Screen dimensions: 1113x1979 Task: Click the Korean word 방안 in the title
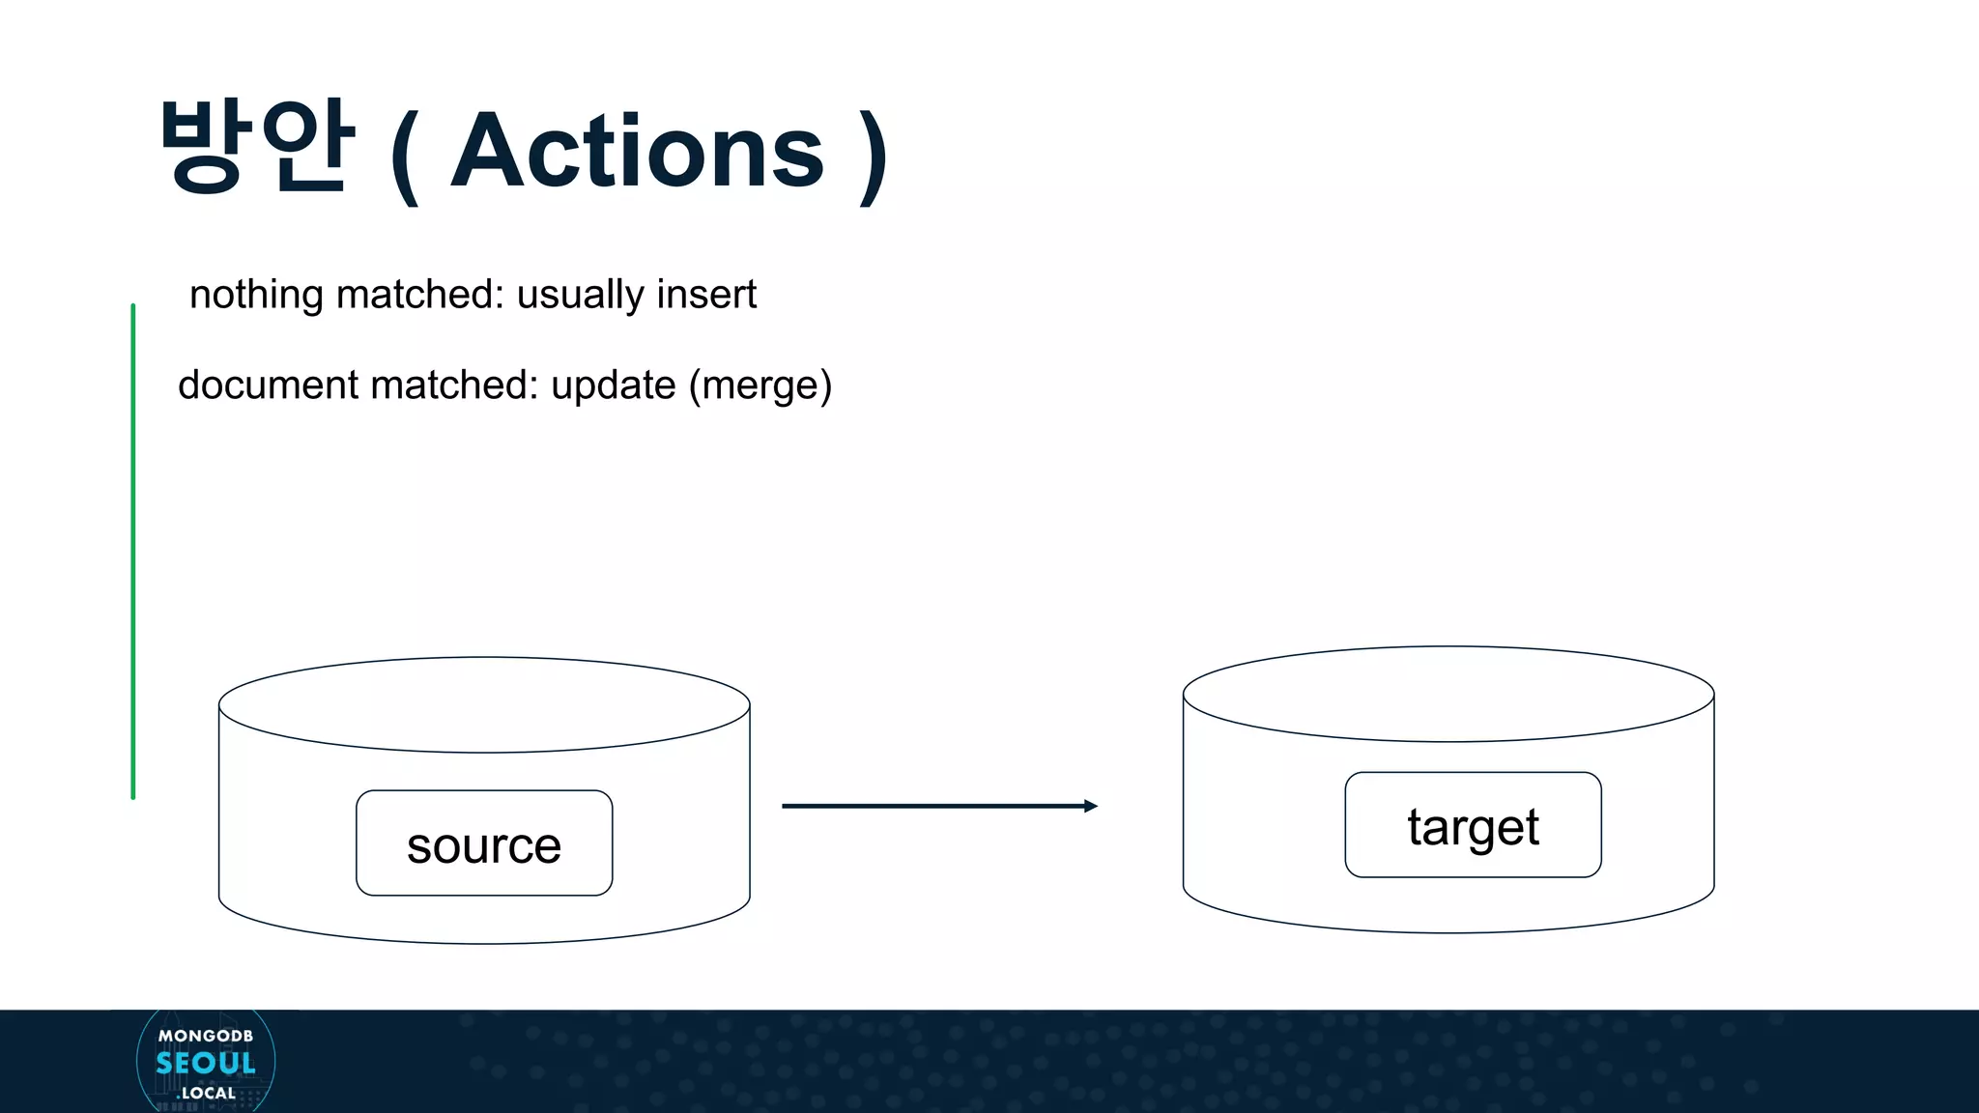(257, 148)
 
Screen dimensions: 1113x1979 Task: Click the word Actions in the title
(637, 152)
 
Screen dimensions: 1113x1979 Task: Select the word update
(613, 385)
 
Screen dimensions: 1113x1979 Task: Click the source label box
(484, 843)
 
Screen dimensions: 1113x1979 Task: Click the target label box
(1473, 825)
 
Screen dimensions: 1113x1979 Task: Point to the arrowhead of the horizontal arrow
(1091, 806)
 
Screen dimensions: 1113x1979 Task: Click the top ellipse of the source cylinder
(484, 704)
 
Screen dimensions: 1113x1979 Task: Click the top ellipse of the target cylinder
(1448, 694)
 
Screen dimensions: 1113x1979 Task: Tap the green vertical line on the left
(133, 551)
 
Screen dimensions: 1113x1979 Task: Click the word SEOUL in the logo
(206, 1064)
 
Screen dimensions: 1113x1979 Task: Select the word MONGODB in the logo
(206, 1036)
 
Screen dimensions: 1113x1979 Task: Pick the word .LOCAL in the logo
(207, 1093)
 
